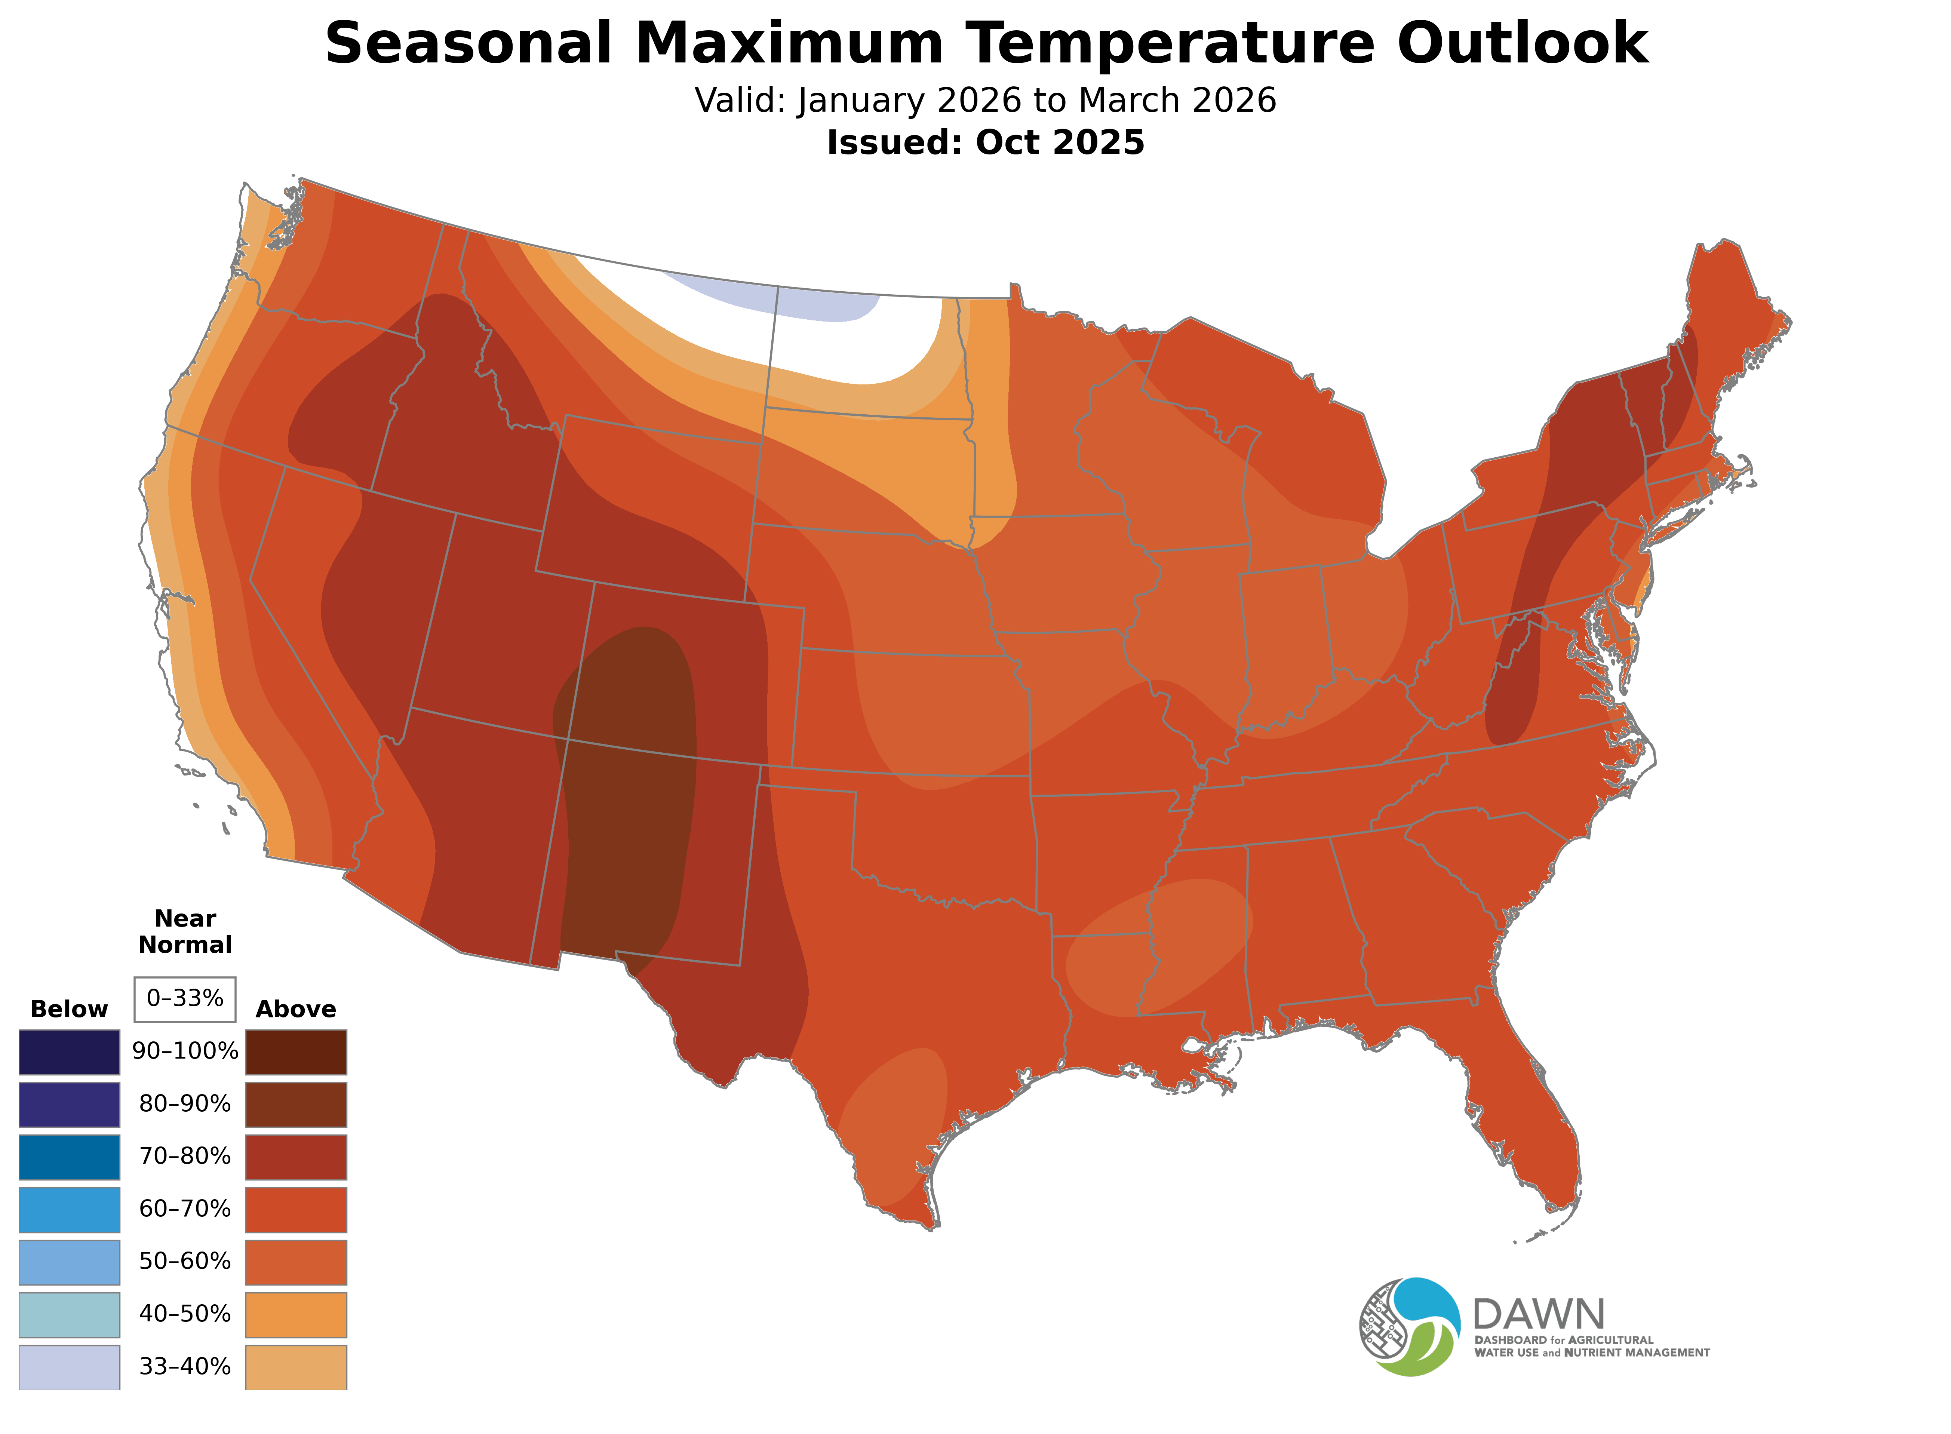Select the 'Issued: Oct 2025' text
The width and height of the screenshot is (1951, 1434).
(x=985, y=142)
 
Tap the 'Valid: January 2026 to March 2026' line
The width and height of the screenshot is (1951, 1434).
(x=985, y=101)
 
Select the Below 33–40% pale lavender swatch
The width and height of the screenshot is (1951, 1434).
(x=70, y=1367)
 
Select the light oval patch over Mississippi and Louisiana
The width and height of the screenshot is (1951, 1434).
(x=1159, y=948)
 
